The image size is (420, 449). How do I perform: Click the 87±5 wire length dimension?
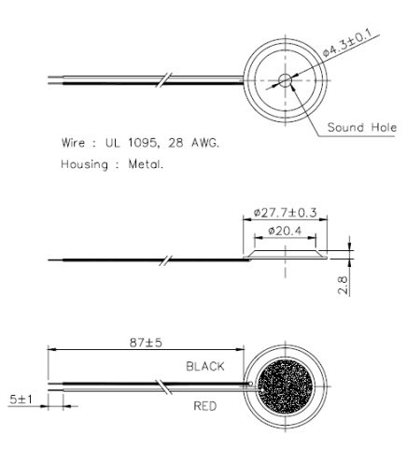pyautogui.click(x=142, y=343)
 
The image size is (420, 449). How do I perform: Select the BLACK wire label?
pyautogui.click(x=205, y=367)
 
